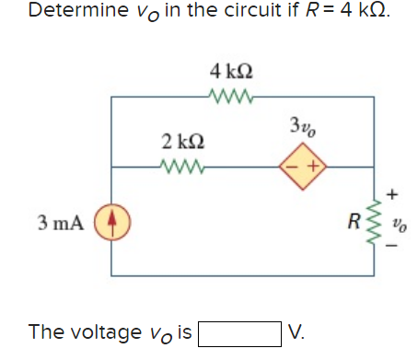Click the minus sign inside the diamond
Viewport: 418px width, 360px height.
[293, 168]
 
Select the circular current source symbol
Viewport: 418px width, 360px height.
[114, 222]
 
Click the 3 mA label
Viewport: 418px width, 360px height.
[62, 222]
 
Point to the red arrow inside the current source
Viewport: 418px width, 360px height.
[114, 222]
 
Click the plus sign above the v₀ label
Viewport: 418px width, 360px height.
[395, 195]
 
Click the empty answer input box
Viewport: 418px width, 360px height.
[239, 331]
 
